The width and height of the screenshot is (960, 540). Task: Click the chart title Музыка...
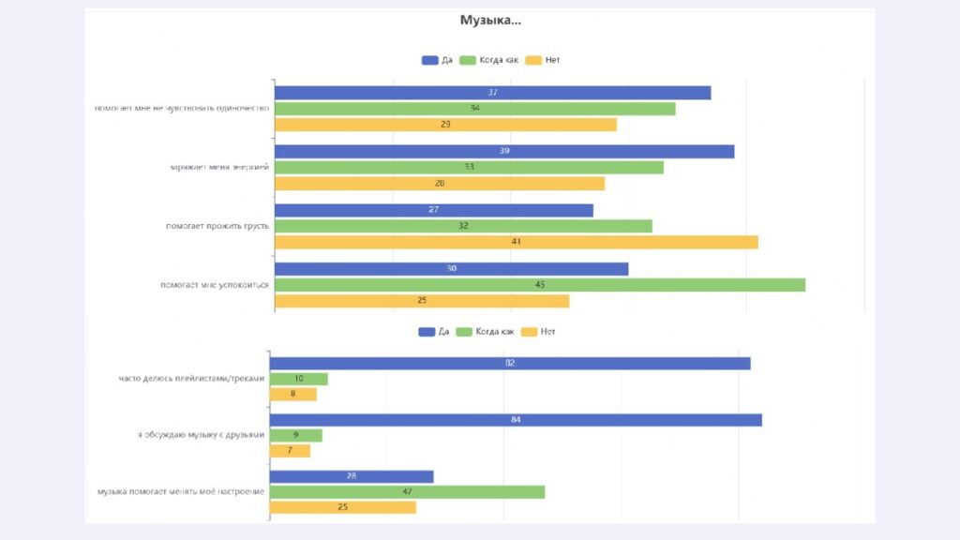point(490,20)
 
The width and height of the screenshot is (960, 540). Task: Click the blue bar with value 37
point(492,93)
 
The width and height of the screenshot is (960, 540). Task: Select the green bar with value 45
point(539,284)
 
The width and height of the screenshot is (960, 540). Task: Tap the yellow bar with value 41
point(516,242)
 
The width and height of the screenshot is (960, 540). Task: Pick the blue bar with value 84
point(516,419)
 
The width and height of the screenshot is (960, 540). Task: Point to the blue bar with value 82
point(510,363)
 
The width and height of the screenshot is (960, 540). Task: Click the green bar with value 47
point(407,492)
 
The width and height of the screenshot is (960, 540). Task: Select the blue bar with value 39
point(504,152)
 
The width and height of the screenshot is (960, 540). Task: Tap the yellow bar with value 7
point(290,451)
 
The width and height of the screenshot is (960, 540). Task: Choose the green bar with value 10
point(299,379)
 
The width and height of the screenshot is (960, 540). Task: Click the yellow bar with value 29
point(445,125)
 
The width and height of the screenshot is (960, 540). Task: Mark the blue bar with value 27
point(433,210)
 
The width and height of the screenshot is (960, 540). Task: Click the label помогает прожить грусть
point(217,226)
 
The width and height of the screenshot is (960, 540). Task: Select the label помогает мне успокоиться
point(215,285)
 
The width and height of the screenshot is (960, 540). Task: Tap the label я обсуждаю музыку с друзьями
point(201,435)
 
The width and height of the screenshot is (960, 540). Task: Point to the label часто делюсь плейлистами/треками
point(191,379)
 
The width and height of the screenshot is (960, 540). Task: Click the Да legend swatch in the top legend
point(430,60)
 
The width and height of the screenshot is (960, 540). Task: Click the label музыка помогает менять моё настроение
point(181,492)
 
